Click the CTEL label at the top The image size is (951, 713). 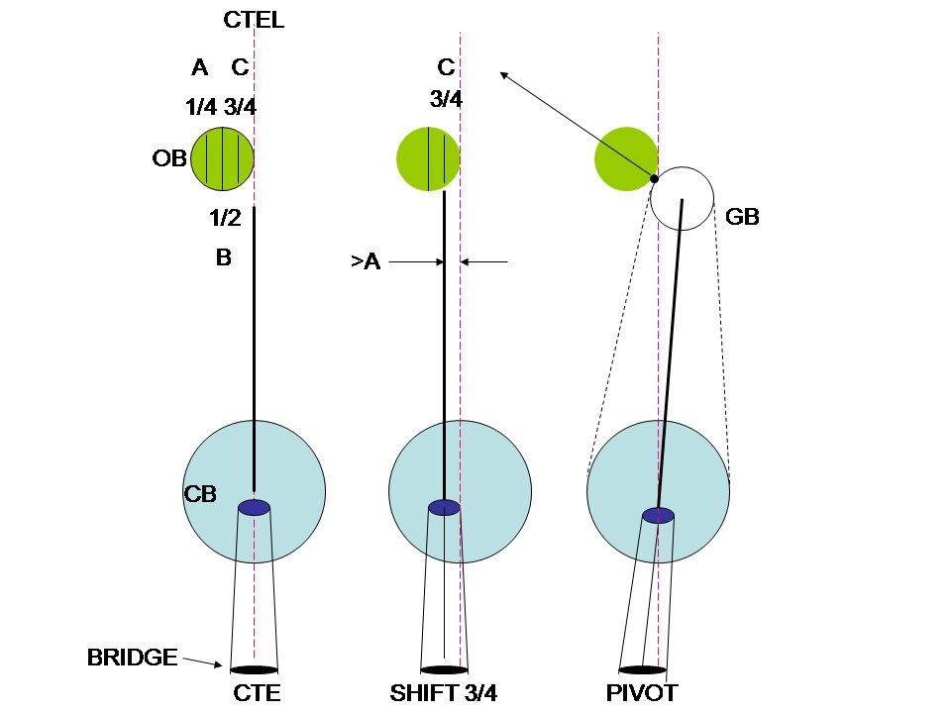[x=255, y=20]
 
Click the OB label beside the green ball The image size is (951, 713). [x=169, y=158]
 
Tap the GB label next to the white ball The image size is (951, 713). [x=742, y=218]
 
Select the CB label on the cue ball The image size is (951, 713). [x=200, y=493]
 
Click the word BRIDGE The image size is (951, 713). [x=132, y=657]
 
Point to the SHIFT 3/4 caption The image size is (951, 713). [x=444, y=692]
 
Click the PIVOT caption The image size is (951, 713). [x=642, y=692]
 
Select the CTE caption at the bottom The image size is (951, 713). [x=256, y=692]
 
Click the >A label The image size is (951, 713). [x=365, y=262]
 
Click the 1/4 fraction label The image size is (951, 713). [x=201, y=107]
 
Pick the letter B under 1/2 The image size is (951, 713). [x=224, y=258]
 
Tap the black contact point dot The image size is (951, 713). [x=654, y=178]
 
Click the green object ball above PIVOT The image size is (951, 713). [x=624, y=156]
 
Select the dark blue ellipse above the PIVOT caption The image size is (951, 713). [x=658, y=515]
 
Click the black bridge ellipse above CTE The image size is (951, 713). [x=254, y=669]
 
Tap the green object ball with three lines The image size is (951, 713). [x=222, y=158]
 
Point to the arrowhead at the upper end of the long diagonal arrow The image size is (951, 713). [x=503, y=74]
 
